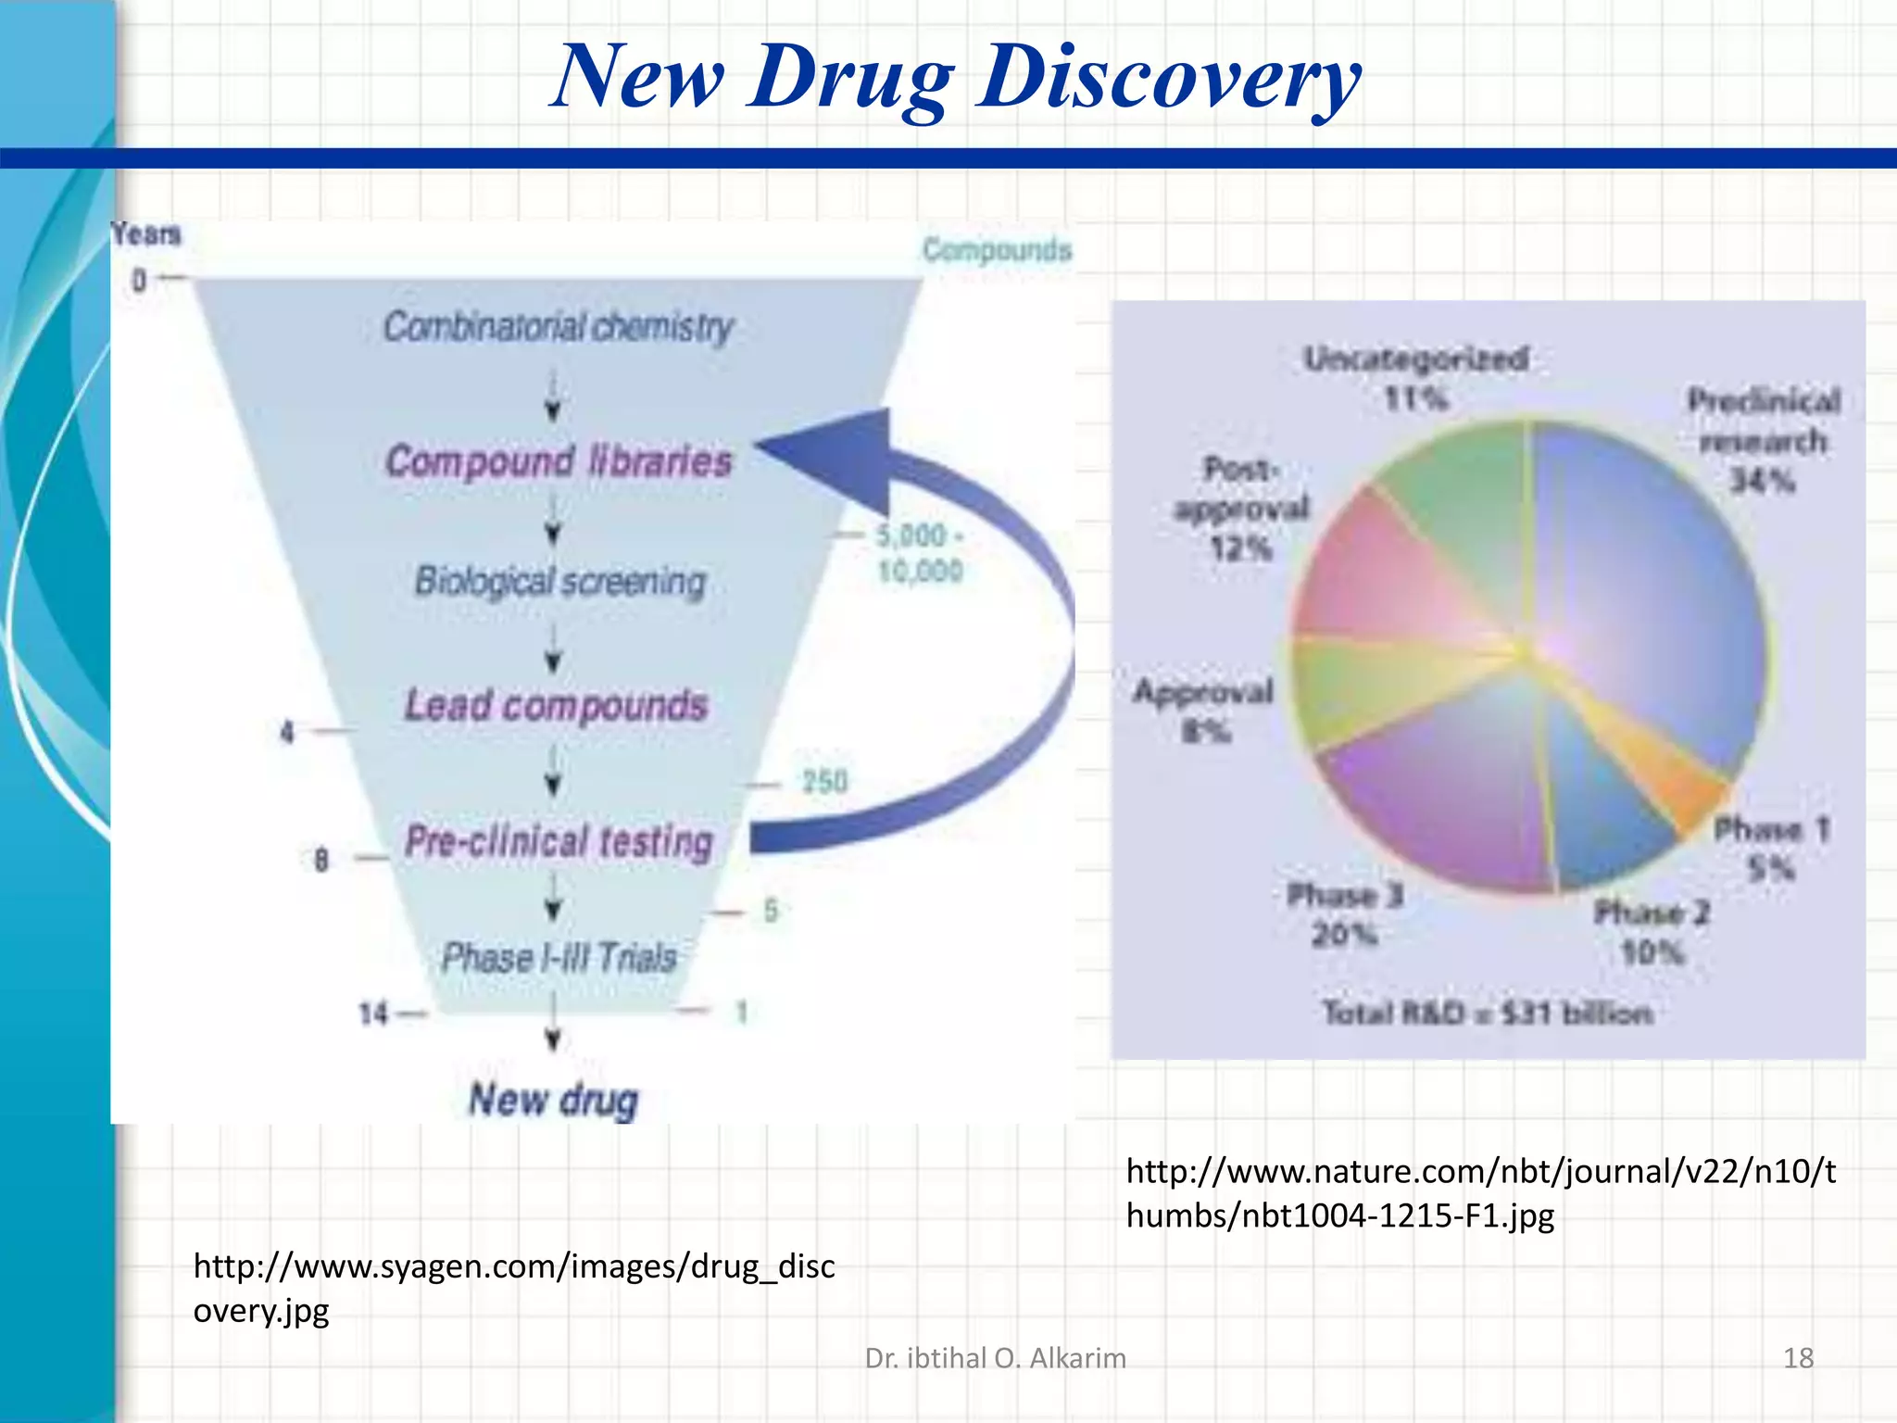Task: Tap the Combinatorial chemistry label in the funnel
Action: click(558, 327)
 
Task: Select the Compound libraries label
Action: click(558, 461)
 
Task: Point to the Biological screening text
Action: click(559, 582)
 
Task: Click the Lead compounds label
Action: click(556, 706)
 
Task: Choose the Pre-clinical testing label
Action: click(559, 841)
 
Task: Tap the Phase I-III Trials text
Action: click(559, 958)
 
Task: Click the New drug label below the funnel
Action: click(553, 1100)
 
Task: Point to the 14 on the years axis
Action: click(373, 1014)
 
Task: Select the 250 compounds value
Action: click(824, 783)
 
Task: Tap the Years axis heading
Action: click(145, 234)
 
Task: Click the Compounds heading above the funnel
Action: click(997, 249)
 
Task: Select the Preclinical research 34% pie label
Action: click(1763, 440)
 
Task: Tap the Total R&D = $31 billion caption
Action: click(1487, 1013)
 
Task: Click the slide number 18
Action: click(1798, 1358)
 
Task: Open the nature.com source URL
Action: click(1480, 1192)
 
